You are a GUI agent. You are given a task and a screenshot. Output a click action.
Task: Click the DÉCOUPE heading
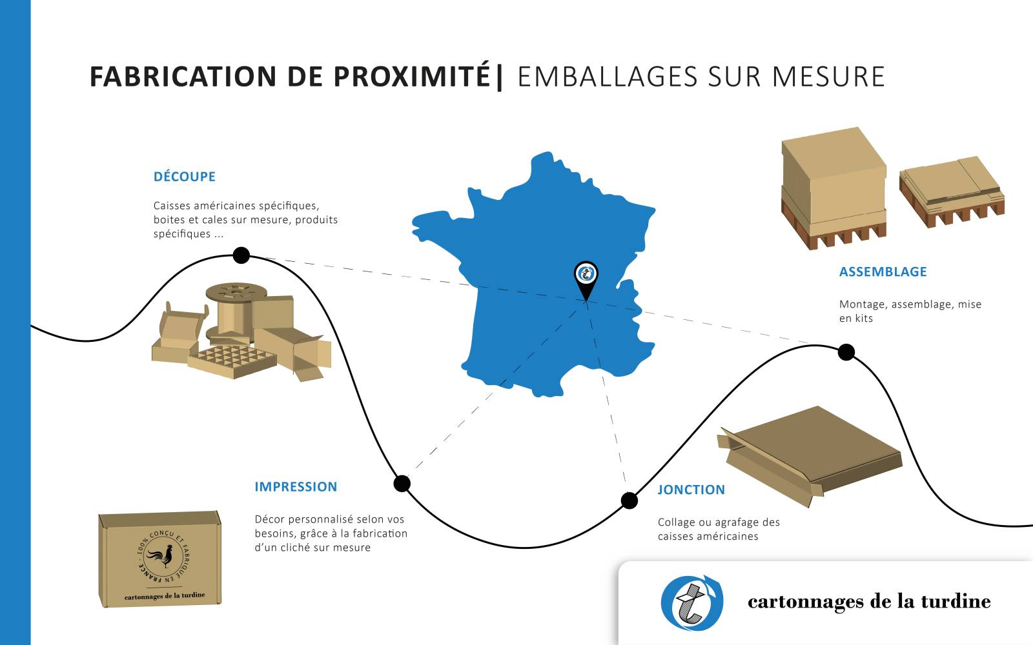coord(184,177)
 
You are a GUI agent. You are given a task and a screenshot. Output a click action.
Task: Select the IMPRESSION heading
coord(296,487)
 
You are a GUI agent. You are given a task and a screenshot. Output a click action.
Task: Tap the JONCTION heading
coord(691,490)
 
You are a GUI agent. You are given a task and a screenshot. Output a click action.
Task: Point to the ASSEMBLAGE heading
coord(883,272)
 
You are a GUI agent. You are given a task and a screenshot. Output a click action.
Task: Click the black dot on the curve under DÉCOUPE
coord(241,255)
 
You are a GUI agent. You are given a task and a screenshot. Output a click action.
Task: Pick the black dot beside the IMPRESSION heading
coord(402,483)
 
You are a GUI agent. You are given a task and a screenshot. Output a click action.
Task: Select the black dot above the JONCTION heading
coord(629,500)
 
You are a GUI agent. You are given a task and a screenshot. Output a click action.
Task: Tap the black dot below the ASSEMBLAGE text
coord(846,352)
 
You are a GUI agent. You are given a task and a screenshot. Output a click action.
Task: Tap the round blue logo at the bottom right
coord(691,602)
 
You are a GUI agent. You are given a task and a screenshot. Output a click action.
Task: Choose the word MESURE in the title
coord(828,76)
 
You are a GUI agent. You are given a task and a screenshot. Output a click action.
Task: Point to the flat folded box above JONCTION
coord(810,451)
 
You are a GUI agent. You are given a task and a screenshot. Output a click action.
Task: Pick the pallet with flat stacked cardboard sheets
coord(952,190)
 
